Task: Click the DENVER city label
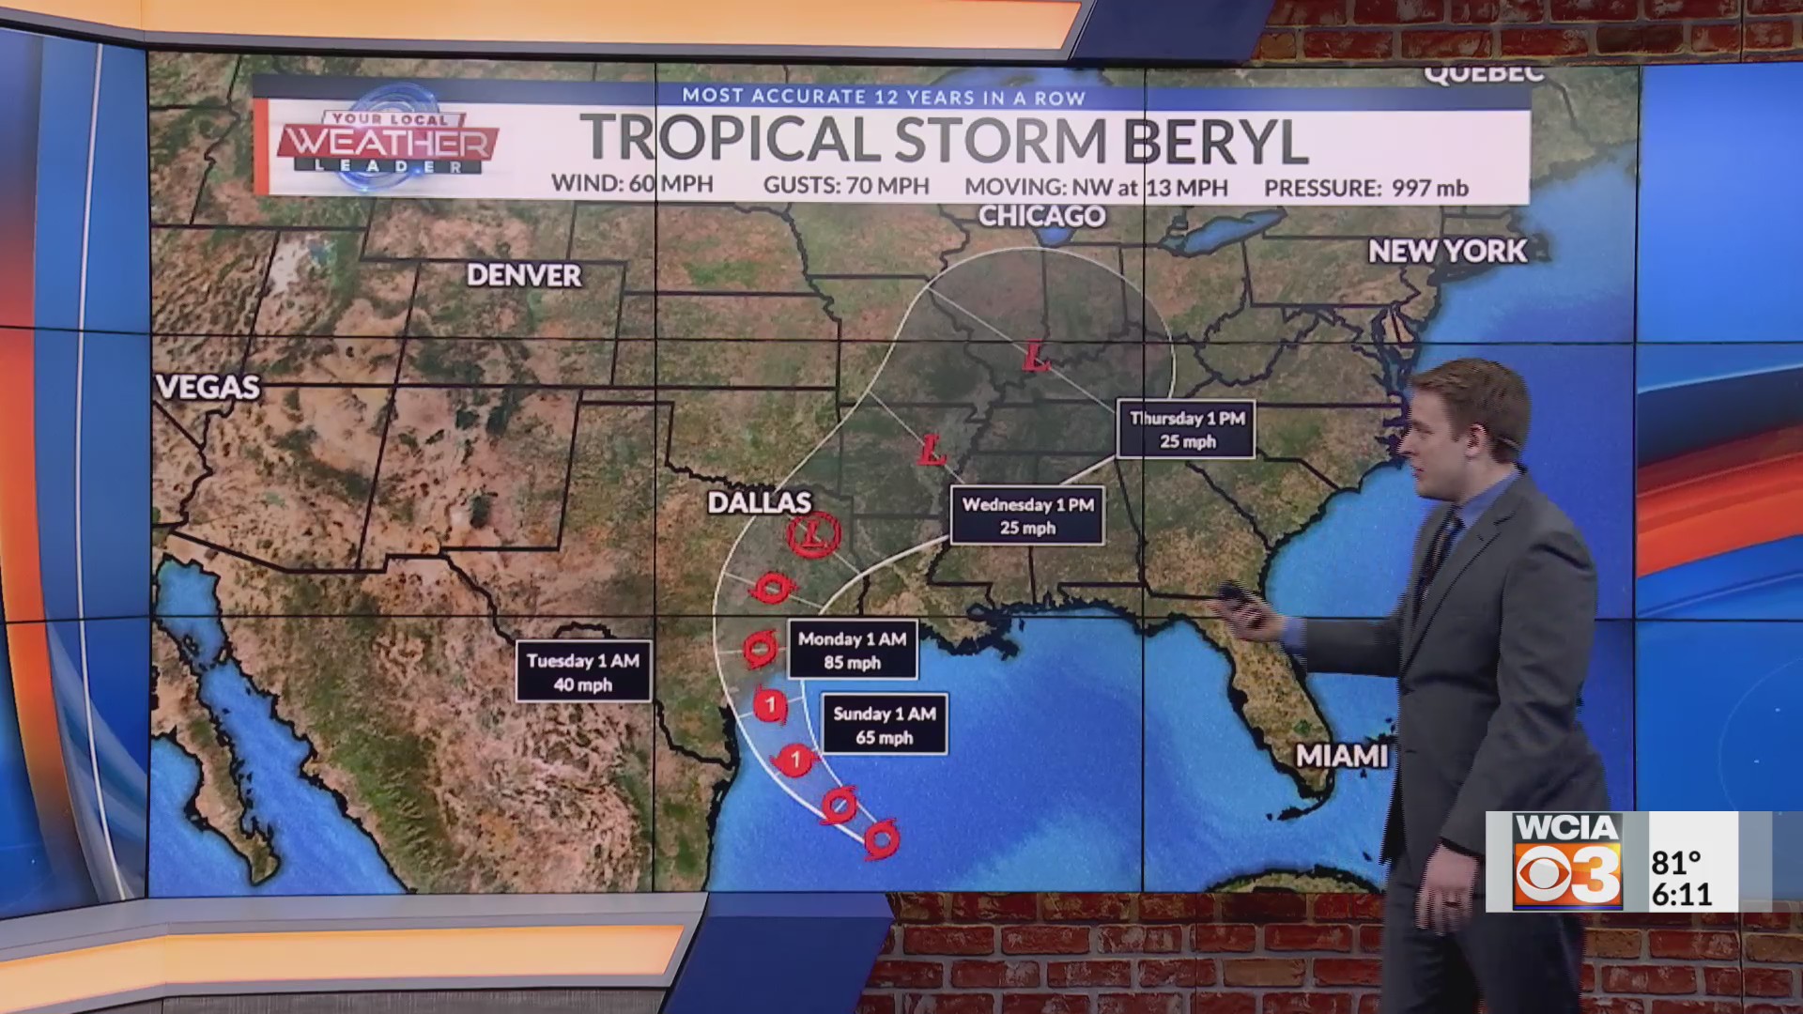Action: [524, 275]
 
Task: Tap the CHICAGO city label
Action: [1041, 216]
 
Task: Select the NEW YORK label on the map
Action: [1447, 251]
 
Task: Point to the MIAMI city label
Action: [1341, 756]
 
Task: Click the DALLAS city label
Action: [759, 502]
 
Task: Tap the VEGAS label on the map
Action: [208, 387]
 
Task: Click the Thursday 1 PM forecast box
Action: [1186, 430]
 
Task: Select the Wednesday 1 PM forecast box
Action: [1027, 515]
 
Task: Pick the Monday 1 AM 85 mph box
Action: [852, 650]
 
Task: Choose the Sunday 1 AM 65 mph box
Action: [884, 725]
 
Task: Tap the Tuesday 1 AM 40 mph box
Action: [582, 672]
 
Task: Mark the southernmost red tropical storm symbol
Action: [882, 838]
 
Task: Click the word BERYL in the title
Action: [1215, 141]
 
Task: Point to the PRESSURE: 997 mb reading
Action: [1365, 188]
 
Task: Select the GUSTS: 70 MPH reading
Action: [846, 186]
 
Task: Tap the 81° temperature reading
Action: [1676, 861]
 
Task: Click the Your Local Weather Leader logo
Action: [386, 143]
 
